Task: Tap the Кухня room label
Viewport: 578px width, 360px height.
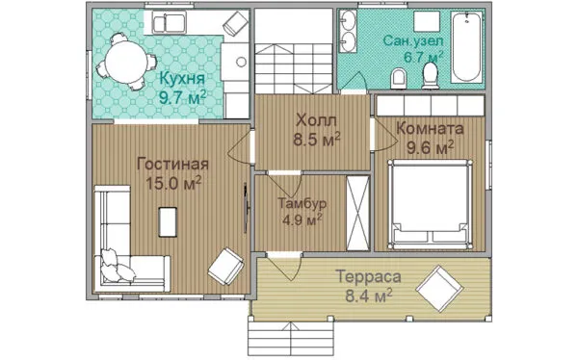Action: (x=182, y=79)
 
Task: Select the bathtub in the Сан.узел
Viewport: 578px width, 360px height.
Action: (x=466, y=47)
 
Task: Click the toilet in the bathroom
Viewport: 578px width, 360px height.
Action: (x=430, y=76)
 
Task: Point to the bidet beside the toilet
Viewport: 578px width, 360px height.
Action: (x=399, y=78)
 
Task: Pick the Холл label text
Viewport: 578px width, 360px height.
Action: (x=317, y=120)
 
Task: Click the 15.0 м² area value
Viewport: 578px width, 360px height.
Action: (x=173, y=183)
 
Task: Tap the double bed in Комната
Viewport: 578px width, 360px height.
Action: (x=430, y=204)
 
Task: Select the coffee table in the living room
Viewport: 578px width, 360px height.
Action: (x=168, y=221)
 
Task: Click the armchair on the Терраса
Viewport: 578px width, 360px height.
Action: (x=439, y=289)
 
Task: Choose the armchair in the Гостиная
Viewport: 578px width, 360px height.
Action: (x=226, y=267)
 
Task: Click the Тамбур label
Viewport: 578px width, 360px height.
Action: (x=302, y=203)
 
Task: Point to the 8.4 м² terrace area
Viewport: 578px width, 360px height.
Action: (x=369, y=296)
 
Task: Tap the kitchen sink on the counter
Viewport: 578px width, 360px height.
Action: (x=170, y=23)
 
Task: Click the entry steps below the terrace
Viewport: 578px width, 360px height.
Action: (x=291, y=339)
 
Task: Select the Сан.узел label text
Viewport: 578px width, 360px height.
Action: (x=413, y=40)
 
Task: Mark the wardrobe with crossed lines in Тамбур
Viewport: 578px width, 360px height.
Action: (x=358, y=214)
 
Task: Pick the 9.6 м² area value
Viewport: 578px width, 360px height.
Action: (x=430, y=148)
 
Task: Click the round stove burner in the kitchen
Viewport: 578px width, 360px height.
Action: (x=242, y=62)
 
